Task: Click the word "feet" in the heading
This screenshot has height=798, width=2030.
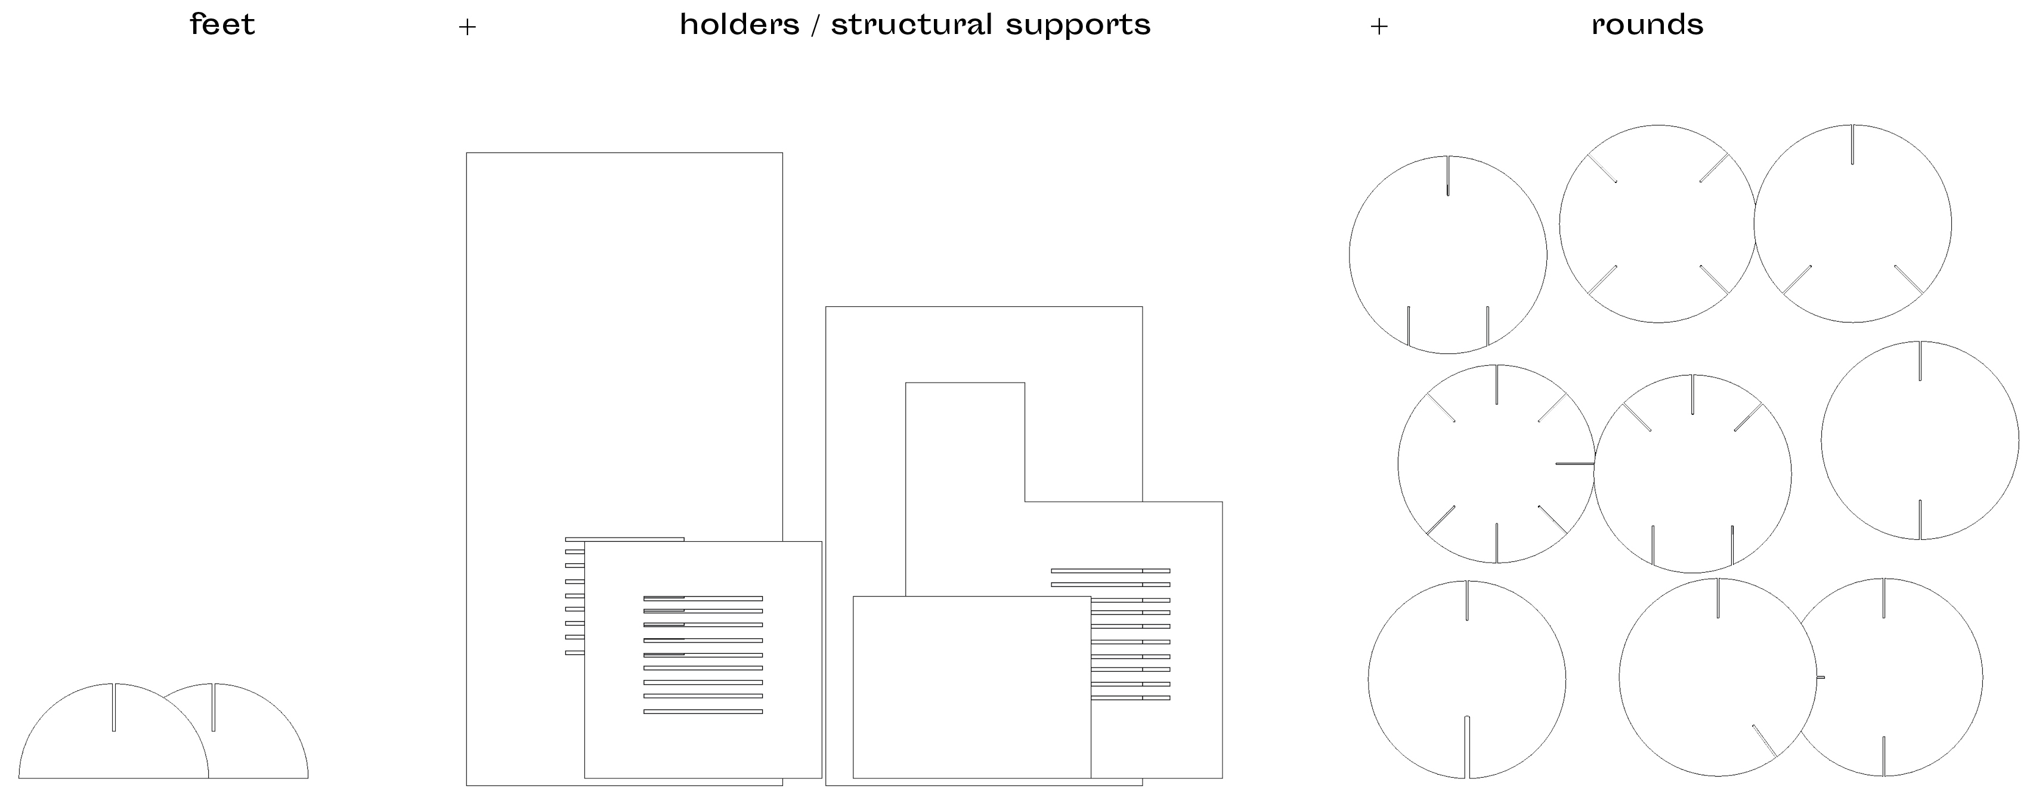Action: (x=222, y=24)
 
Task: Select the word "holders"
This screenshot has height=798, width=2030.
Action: (x=739, y=24)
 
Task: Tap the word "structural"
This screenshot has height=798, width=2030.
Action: (x=912, y=24)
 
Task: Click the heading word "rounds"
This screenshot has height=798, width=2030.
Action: (x=1647, y=24)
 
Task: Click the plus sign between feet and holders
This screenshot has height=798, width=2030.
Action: (x=468, y=27)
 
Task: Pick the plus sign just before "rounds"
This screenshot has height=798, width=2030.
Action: (x=1378, y=27)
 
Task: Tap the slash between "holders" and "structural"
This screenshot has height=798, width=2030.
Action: (x=815, y=25)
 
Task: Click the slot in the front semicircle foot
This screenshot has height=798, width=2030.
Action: (x=113, y=707)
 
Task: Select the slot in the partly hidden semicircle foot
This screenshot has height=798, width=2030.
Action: (x=213, y=707)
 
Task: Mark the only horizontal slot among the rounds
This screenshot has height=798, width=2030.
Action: (x=1574, y=464)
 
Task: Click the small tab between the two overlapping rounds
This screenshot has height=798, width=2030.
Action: (x=1820, y=676)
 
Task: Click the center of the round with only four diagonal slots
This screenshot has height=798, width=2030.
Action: (x=1657, y=223)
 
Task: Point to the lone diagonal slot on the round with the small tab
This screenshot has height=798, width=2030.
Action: (x=1763, y=741)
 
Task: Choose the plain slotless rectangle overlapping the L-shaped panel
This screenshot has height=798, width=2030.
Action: (x=971, y=687)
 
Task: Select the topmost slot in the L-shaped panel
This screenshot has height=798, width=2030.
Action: (x=1110, y=570)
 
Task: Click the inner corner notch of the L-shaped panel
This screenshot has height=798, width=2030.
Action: (x=1025, y=501)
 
